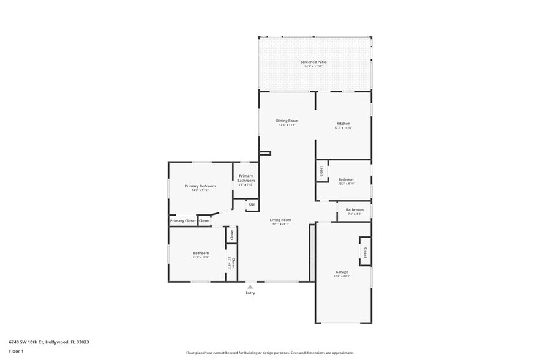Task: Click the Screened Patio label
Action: pos(313,62)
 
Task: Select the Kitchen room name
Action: pos(343,124)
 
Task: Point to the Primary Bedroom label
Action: pos(200,186)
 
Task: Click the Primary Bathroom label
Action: pos(246,178)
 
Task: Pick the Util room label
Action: pos(252,204)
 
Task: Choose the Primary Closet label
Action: pos(183,220)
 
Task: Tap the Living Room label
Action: pos(280,220)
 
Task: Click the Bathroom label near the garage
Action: pos(354,210)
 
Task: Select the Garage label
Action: pos(341,272)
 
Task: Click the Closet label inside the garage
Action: pos(366,252)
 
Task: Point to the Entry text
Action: pos(250,293)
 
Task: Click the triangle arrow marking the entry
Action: pos(250,286)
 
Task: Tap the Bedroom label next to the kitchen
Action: pos(347,179)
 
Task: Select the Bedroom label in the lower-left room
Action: pos(201,253)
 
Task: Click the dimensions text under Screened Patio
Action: pos(313,66)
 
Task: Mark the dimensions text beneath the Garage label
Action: pos(341,276)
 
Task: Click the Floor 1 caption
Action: pos(16,351)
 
